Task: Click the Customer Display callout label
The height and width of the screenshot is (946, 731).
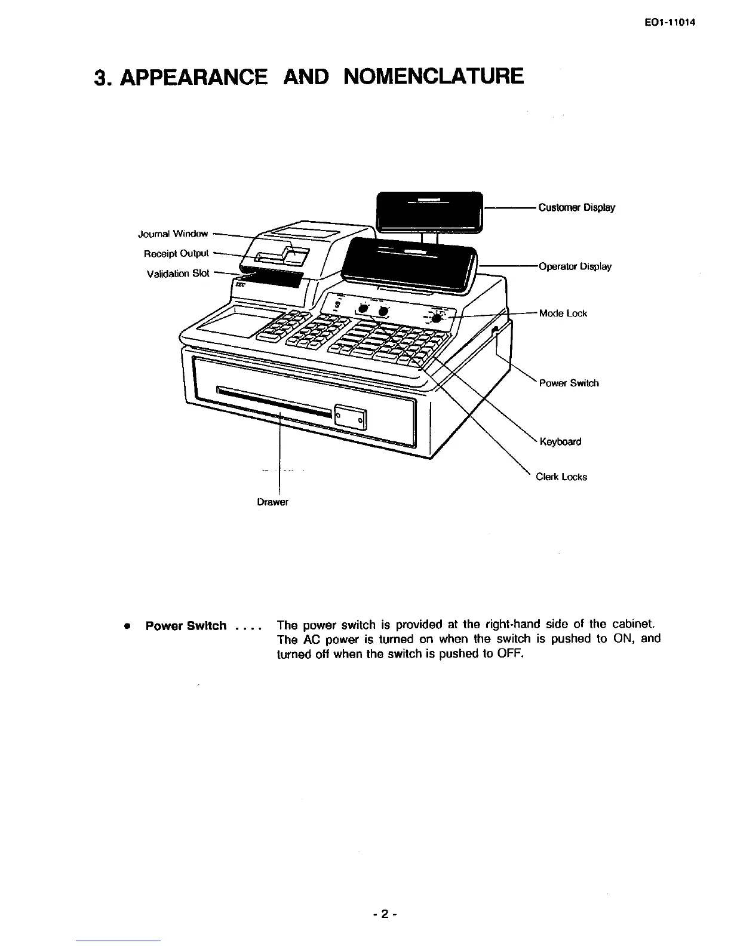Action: point(576,208)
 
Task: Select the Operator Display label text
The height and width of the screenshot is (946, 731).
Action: point(575,266)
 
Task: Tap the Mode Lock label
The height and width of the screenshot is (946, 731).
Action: point(563,314)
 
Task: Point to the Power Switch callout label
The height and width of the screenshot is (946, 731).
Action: point(569,383)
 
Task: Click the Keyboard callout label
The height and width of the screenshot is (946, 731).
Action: point(560,442)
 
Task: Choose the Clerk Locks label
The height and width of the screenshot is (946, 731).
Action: point(561,477)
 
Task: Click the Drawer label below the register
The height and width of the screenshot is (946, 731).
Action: point(272,502)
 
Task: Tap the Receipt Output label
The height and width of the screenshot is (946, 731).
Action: point(176,254)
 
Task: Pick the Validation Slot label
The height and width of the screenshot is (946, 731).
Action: point(178,274)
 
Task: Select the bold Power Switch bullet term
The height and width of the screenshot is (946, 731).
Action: point(186,626)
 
